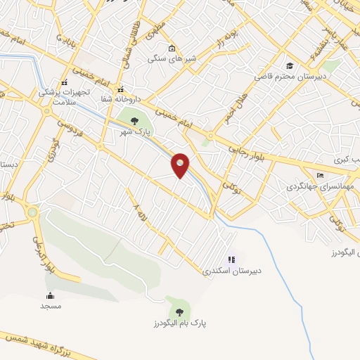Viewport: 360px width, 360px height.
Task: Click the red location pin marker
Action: click(x=181, y=165)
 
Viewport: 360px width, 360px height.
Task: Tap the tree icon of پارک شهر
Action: click(x=134, y=121)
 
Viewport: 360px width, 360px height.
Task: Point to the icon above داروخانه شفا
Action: click(x=121, y=89)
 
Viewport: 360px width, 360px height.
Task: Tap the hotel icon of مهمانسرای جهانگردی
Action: click(x=321, y=175)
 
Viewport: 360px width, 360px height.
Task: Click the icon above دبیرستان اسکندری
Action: click(x=231, y=259)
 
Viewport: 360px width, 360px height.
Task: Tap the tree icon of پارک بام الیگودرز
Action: click(x=179, y=310)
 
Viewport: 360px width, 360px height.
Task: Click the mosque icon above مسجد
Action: click(x=50, y=295)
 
